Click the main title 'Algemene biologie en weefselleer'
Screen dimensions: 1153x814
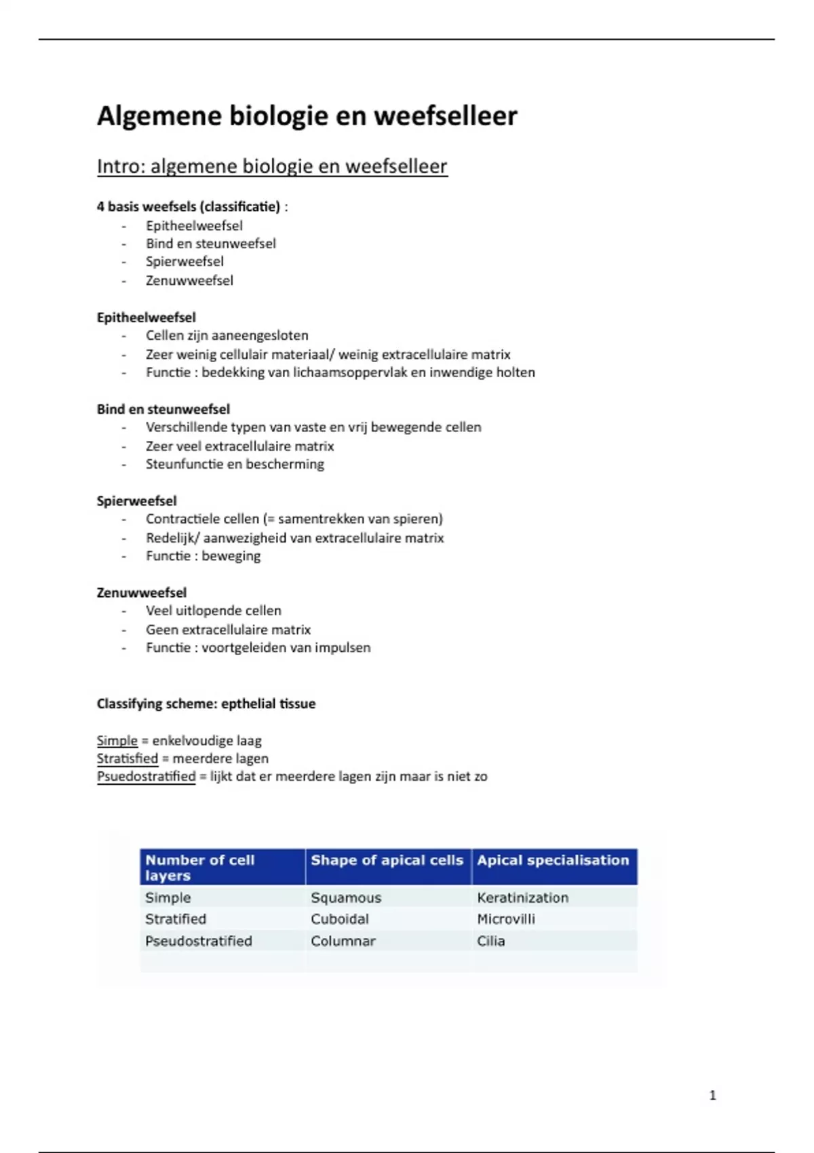click(307, 116)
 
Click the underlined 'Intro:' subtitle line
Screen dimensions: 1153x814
click(272, 166)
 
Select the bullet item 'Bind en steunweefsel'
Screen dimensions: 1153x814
click(210, 243)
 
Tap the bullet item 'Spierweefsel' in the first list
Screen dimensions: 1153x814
click(185, 262)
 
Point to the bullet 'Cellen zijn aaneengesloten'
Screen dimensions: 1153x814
click(227, 336)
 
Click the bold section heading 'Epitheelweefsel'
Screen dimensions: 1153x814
click(146, 317)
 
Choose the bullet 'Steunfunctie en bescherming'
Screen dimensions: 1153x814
click(235, 465)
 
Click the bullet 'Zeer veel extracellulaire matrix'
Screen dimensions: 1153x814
click(239, 446)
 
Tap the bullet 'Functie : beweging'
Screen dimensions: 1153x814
click(203, 556)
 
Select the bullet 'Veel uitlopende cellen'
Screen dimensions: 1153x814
click(213, 611)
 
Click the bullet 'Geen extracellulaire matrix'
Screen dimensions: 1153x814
click(228, 629)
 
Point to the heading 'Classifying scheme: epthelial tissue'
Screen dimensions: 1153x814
click(206, 704)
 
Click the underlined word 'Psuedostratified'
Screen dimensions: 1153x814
click(146, 777)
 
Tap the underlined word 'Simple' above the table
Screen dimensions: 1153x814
click(117, 741)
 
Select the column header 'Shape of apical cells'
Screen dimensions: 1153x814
click(387, 861)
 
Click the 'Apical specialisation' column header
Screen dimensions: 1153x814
click(553, 861)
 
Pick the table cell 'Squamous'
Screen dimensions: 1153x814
click(346, 898)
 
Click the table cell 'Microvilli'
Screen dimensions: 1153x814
click(506, 919)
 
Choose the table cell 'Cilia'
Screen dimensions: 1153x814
click(490, 941)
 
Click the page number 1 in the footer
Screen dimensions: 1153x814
click(712, 1095)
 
